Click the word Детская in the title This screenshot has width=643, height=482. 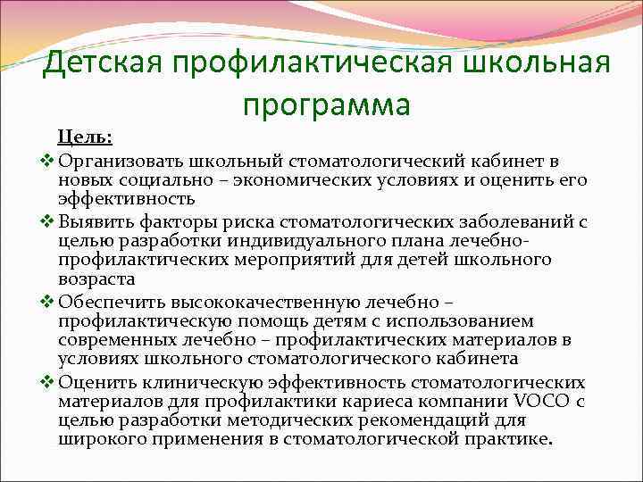pyautogui.click(x=105, y=64)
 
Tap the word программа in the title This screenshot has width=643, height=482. pyautogui.click(x=326, y=104)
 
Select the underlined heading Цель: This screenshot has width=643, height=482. pyautogui.click(x=85, y=138)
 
